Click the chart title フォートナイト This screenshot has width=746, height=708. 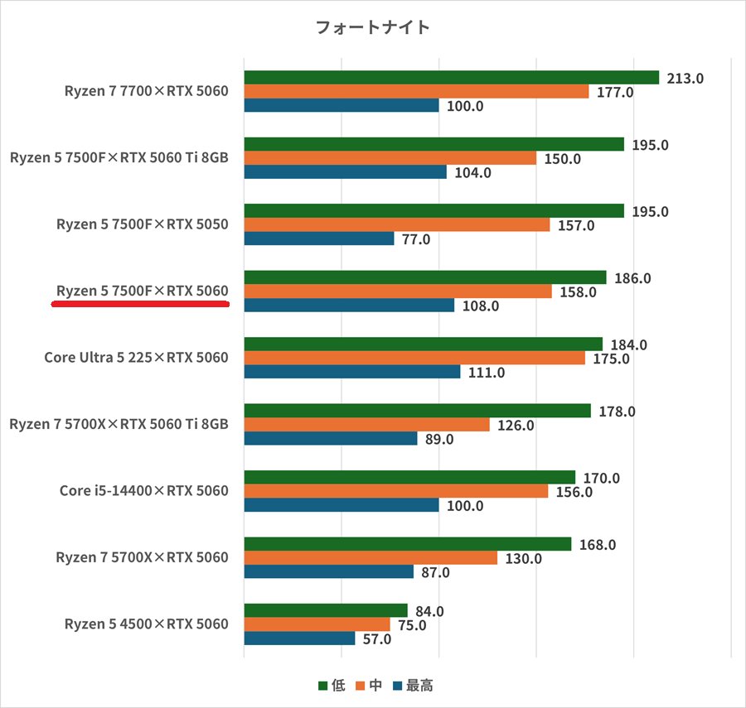pos(373,27)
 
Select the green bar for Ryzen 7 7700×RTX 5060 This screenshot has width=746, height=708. pos(451,78)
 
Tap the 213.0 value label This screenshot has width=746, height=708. pos(685,79)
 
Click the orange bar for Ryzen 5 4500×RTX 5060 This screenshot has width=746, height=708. pos(317,625)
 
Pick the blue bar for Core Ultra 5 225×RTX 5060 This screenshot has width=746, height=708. pos(351,372)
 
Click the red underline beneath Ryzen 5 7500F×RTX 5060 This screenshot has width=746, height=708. pos(140,304)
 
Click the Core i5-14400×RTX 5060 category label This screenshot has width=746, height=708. pos(143,491)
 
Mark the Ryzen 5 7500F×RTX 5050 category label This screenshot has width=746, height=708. pos(142,224)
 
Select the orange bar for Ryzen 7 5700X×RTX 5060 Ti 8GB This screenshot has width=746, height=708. pos(366,425)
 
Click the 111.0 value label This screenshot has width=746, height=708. pos(487,373)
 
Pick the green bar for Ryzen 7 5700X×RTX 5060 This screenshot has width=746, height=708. pos(407,544)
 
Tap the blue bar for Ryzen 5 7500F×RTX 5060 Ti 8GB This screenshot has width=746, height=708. pos(345,172)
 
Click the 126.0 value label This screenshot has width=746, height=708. pos(516,426)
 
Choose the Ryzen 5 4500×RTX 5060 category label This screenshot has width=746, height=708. pos(146,624)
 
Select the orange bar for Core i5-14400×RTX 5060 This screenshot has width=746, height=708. pos(395,491)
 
